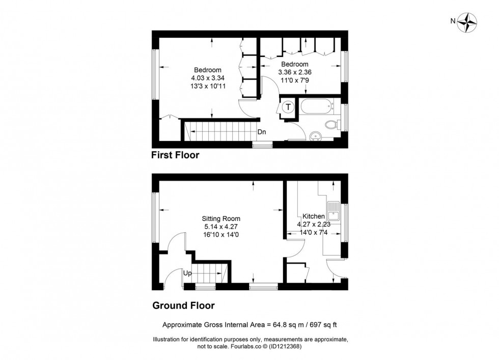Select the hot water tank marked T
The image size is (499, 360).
tap(288, 107)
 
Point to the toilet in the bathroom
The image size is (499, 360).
tap(331, 124)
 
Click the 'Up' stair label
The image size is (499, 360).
tap(188, 273)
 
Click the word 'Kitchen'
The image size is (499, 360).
tap(314, 216)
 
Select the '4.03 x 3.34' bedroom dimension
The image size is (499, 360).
tap(208, 78)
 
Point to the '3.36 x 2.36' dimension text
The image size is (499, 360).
tap(295, 72)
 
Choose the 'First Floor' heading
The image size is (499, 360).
tap(175, 155)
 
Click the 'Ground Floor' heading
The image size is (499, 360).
tap(183, 306)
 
